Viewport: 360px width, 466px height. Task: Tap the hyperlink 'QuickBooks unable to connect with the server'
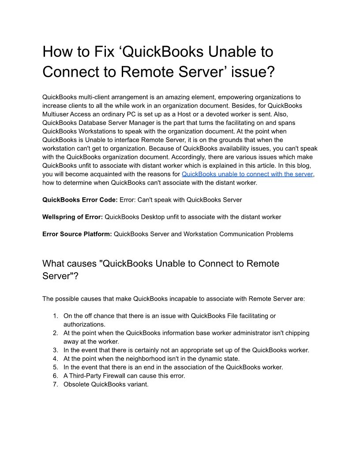pyautogui.click(x=247, y=174)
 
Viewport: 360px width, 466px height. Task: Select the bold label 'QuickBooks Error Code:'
pyautogui.click(x=80, y=199)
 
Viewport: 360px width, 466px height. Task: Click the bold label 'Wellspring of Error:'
pyautogui.click(x=72, y=217)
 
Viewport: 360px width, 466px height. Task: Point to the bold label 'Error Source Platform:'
pyautogui.click(x=77, y=234)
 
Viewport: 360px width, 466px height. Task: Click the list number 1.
pyautogui.click(x=55, y=316)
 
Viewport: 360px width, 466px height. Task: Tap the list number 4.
pyautogui.click(x=55, y=358)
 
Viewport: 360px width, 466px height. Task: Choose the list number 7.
pyautogui.click(x=55, y=384)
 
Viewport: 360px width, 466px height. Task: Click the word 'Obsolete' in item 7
pyautogui.click(x=76, y=384)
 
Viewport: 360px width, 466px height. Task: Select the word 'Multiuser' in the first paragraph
pyautogui.click(x=56, y=114)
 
